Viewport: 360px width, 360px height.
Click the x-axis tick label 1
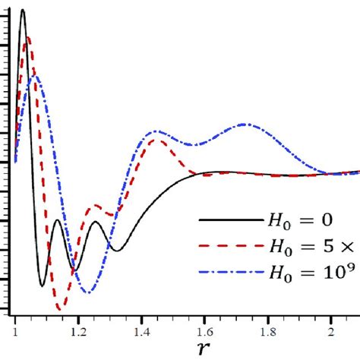15,332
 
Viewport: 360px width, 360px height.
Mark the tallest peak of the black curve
23,10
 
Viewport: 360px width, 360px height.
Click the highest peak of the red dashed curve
28,36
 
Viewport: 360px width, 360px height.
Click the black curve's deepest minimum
43,286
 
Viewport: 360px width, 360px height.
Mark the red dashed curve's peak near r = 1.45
156,140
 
